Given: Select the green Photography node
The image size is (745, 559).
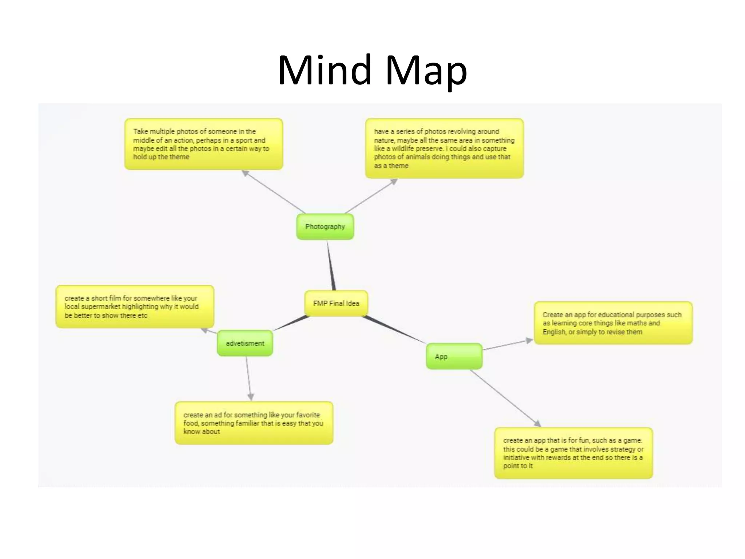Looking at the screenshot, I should [x=325, y=227].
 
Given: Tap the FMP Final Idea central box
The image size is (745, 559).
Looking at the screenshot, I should [x=336, y=303].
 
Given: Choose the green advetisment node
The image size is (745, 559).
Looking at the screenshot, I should [x=245, y=343].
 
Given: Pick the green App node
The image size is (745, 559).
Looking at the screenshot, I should [x=454, y=356].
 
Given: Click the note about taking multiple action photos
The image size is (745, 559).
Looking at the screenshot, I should [x=203, y=144].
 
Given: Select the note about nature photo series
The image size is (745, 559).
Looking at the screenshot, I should [x=444, y=148].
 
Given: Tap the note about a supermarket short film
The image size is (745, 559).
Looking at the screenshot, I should [x=135, y=306].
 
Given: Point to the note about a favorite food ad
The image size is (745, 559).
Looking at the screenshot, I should [x=254, y=423].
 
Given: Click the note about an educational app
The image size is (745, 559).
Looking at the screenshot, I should [x=613, y=323].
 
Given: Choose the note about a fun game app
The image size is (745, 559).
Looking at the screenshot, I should [x=573, y=453].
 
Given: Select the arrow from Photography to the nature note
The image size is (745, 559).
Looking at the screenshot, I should [x=371, y=196].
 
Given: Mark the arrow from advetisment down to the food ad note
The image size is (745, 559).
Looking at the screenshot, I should [x=248, y=378].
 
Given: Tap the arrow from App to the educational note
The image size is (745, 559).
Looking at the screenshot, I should [x=508, y=345].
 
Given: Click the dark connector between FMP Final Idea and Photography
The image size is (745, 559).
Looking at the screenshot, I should [x=331, y=266].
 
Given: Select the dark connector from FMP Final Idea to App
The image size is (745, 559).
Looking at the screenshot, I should [x=395, y=330].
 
